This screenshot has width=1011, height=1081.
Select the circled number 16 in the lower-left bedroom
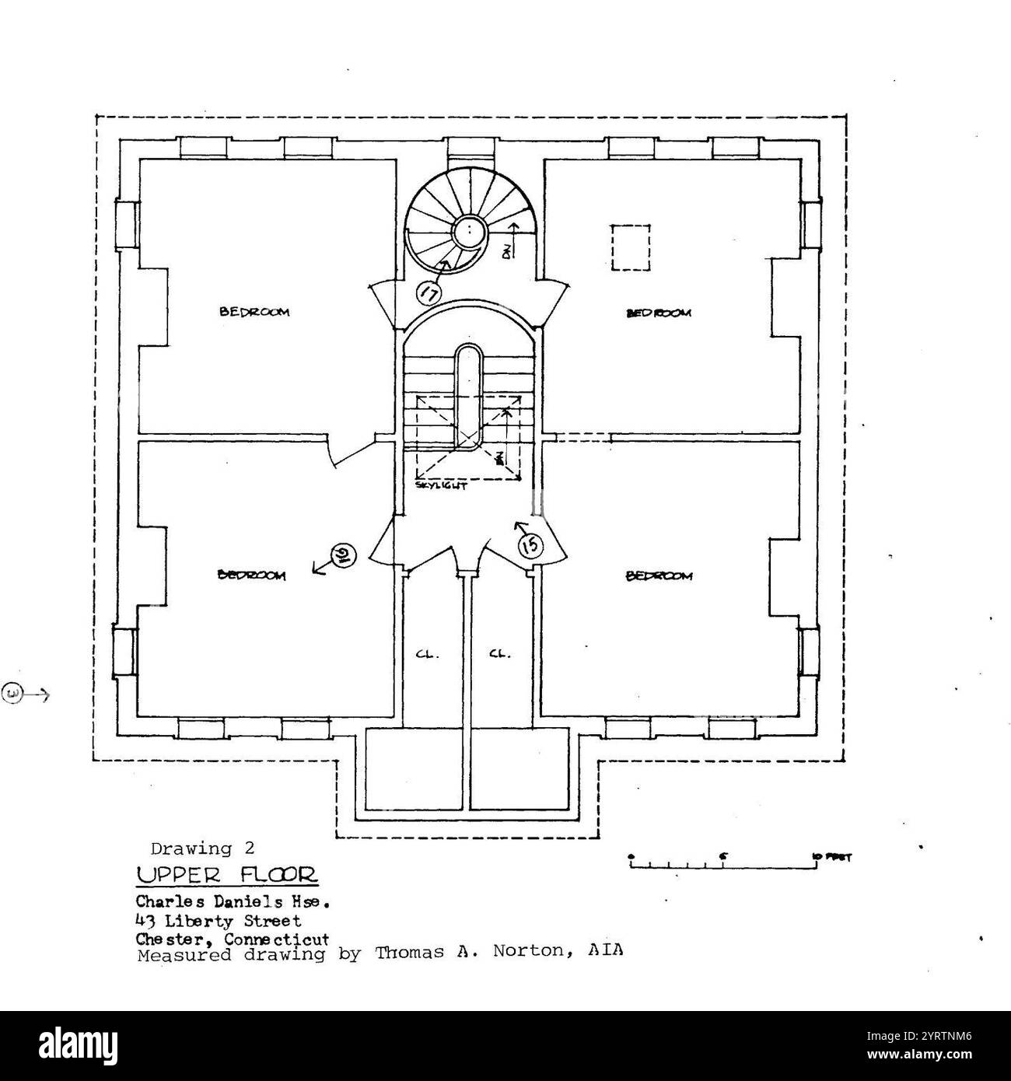(x=342, y=555)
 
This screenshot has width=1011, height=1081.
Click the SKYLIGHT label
(x=441, y=485)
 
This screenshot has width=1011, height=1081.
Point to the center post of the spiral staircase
(x=470, y=230)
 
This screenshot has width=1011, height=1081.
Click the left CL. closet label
(x=428, y=654)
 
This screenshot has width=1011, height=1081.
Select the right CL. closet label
(x=500, y=654)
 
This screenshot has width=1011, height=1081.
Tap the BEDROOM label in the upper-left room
(x=254, y=312)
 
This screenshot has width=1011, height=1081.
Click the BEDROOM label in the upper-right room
(x=659, y=313)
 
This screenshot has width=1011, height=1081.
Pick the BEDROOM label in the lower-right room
(x=659, y=576)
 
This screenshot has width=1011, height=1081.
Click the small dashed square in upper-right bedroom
(x=630, y=247)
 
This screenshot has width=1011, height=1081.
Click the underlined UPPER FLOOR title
(x=227, y=875)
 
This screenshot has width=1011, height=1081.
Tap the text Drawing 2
(x=202, y=848)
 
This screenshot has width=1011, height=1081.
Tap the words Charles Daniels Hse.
(x=234, y=904)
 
